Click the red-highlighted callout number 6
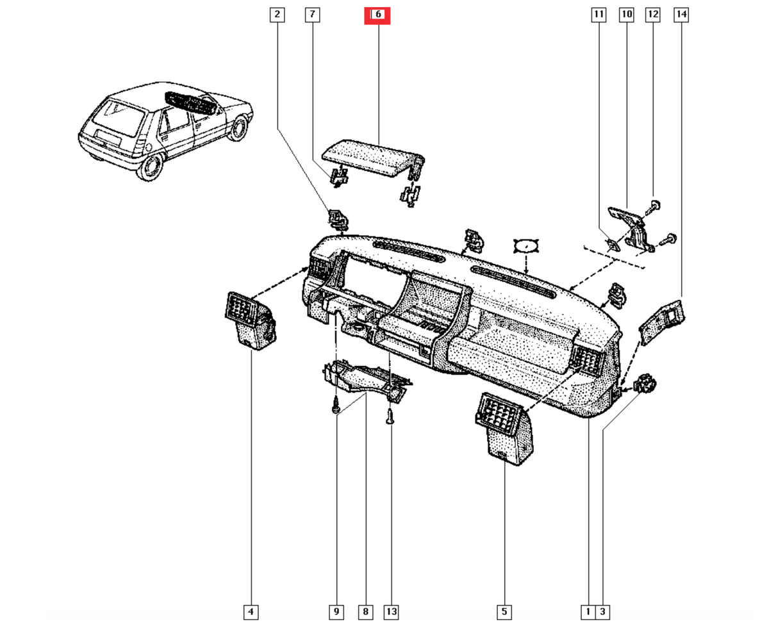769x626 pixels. [377, 15]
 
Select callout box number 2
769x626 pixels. [277, 15]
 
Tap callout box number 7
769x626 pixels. [312, 15]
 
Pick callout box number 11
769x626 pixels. [599, 15]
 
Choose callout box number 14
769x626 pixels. [681, 15]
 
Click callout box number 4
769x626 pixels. [251, 611]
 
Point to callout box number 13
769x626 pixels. [392, 611]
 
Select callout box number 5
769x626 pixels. [504, 611]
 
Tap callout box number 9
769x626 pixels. [336, 611]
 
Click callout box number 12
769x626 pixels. [653, 15]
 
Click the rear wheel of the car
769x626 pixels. [149, 167]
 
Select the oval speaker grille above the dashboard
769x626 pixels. [526, 246]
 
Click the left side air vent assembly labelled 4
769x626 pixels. [251, 321]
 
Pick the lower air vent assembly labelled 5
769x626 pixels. [504, 429]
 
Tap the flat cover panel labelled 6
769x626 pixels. [373, 159]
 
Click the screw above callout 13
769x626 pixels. [390, 416]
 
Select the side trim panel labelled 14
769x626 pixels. [662, 321]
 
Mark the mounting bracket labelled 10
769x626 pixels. [631, 229]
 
